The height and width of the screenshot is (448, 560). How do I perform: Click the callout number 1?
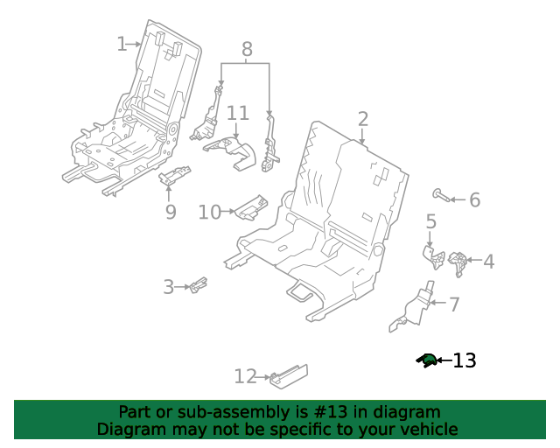click(122, 44)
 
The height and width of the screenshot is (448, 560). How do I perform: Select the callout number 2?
click(362, 119)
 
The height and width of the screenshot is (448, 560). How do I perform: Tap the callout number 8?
click(247, 49)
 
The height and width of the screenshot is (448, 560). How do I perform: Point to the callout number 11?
click(238, 113)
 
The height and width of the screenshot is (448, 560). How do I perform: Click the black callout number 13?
click(465, 360)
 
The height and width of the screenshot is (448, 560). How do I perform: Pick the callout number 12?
click(245, 376)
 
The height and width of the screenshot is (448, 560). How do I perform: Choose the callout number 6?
click(474, 199)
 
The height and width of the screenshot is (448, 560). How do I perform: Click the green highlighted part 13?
click(426, 360)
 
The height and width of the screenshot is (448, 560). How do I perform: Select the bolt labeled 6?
click(440, 195)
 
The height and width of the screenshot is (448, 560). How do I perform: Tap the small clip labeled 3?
click(199, 284)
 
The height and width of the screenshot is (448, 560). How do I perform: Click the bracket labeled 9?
click(175, 175)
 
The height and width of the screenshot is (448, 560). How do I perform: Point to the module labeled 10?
click(251, 207)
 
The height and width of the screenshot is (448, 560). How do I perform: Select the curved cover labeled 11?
click(231, 152)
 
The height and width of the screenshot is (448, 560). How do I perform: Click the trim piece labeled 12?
click(289, 376)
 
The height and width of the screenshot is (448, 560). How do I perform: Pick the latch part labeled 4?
click(458, 263)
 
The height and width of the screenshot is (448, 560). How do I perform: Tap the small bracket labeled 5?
click(434, 257)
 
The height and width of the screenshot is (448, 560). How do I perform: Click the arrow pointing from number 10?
click(227, 212)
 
